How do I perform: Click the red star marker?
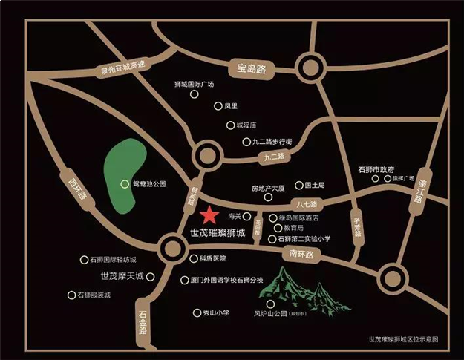209,215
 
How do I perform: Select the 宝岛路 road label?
252,69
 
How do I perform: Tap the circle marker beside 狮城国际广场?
195,94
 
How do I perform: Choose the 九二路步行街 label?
278,140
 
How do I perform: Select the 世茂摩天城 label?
122,276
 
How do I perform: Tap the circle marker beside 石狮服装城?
71,295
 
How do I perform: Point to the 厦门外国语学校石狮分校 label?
227,280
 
